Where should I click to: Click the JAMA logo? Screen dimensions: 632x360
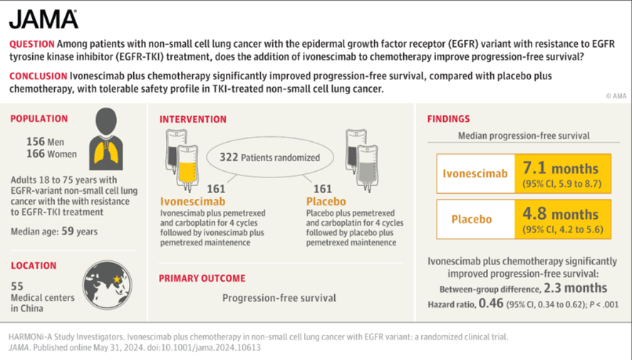point(43,19)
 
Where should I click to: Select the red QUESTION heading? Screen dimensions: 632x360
point(32,44)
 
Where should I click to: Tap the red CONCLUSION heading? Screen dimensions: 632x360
point(38,76)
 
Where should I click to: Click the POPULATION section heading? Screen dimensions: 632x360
point(39,118)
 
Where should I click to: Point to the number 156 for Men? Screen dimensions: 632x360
point(36,141)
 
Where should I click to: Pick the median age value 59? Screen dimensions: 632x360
point(68,231)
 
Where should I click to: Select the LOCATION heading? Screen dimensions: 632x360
point(34,266)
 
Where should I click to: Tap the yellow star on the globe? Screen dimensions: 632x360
point(117,279)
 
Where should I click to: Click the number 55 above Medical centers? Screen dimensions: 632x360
point(17,287)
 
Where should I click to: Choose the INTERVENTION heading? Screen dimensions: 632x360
point(192,119)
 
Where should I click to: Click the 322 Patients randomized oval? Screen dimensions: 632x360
point(270,158)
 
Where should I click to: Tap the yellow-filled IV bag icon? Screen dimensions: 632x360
point(187,168)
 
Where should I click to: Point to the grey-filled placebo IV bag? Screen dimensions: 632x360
point(367,168)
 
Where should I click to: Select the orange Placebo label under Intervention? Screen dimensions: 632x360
point(326,201)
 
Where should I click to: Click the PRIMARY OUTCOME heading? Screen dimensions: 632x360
point(202,279)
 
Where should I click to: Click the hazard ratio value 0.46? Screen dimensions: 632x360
point(491,303)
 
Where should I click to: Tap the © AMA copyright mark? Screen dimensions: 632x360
point(616,96)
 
